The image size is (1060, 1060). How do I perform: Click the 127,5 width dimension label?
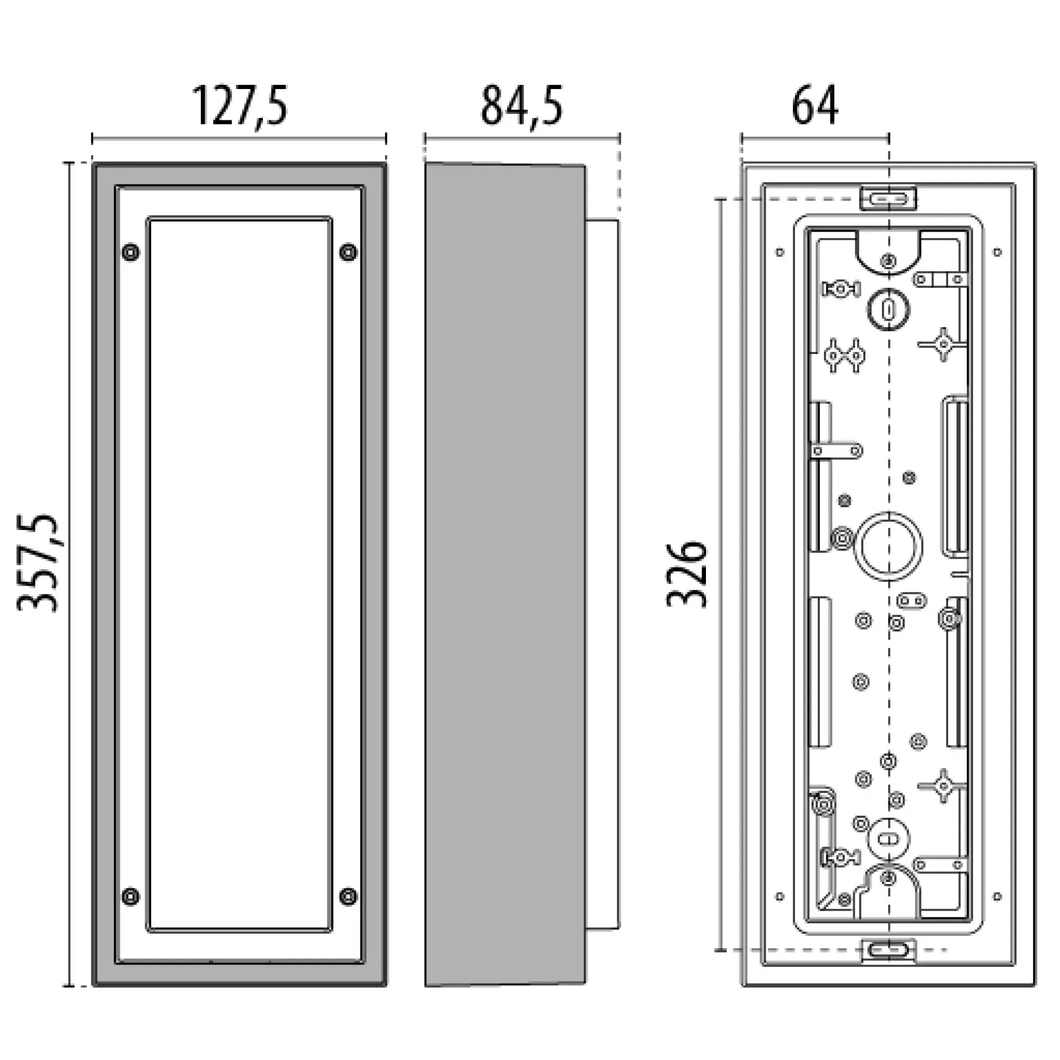[239, 106]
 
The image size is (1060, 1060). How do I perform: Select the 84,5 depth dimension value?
[521, 106]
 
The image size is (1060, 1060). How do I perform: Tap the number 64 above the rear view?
[815, 106]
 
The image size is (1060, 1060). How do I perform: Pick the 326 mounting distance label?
[686, 574]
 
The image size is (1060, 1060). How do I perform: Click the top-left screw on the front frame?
[130, 252]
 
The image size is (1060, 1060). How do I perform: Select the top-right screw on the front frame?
[348, 252]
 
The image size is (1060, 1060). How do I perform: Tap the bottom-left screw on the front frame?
[130, 897]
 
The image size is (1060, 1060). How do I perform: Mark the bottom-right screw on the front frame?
[348, 897]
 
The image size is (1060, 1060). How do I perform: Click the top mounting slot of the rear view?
[888, 198]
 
